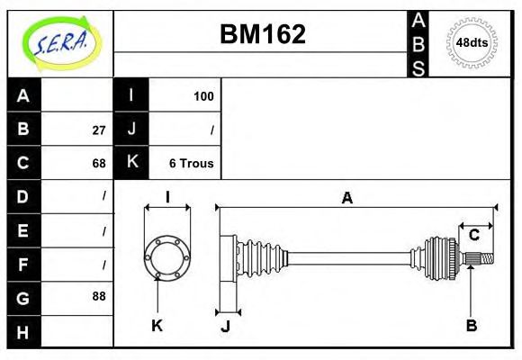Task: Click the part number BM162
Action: click(263, 34)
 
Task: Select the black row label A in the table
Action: click(23, 95)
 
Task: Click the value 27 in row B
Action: click(98, 130)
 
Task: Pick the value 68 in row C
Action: click(98, 163)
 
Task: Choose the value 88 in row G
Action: click(98, 296)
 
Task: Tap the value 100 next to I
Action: click(203, 96)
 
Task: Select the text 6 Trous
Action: click(191, 163)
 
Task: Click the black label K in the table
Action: click(131, 163)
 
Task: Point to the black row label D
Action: click(23, 196)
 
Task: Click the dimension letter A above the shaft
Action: click(346, 198)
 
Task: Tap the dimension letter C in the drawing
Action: click(473, 236)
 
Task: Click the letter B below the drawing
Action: click(471, 325)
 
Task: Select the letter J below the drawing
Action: click(225, 326)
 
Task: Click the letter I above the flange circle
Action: click(167, 197)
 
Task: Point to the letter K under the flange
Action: click(157, 325)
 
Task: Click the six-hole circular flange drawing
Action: click(167, 256)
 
